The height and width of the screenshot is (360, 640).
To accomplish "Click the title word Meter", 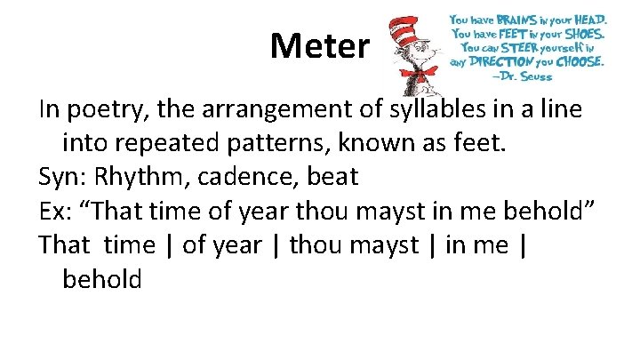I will point(319,45).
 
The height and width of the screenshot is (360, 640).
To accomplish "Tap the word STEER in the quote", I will point(517,48).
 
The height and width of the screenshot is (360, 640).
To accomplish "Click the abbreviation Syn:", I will point(62,177).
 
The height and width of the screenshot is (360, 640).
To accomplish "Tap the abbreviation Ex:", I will point(56,210).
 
